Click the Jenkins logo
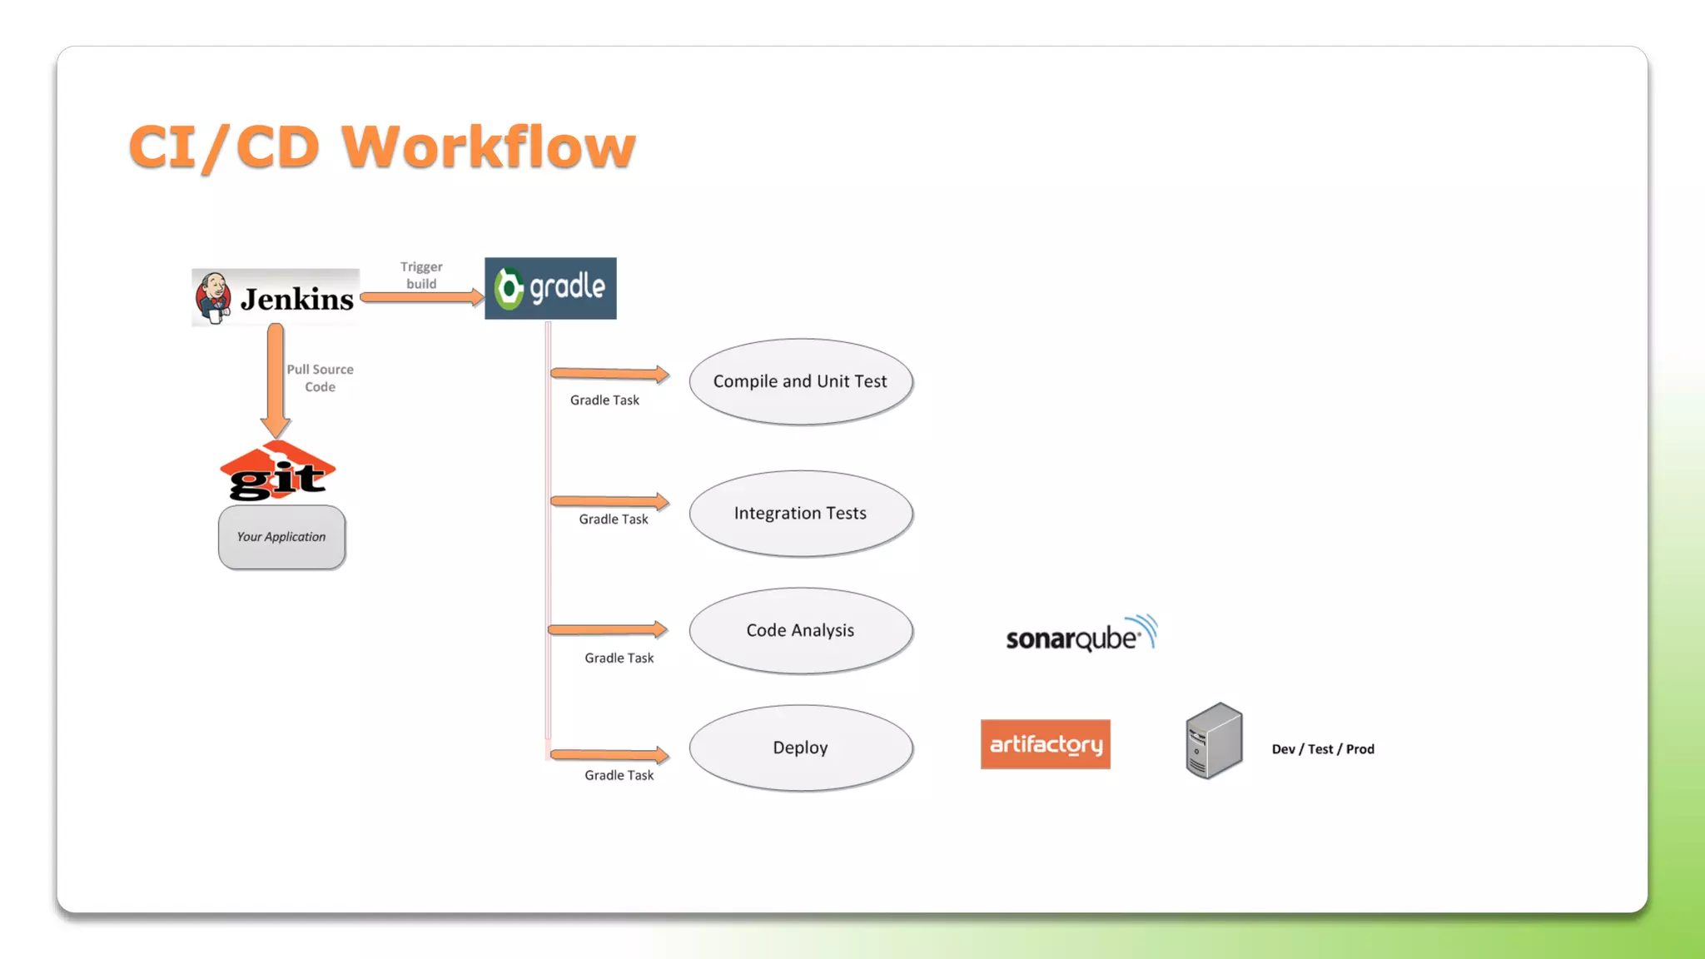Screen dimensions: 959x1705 [276, 298]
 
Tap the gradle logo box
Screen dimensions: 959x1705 [550, 288]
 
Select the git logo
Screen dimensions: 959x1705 [277, 472]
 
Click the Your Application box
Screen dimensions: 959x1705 [281, 537]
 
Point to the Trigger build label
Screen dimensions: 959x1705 [421, 275]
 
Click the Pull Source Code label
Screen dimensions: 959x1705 [320, 378]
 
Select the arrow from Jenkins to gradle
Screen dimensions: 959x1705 [421, 297]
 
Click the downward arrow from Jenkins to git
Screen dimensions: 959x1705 [276, 379]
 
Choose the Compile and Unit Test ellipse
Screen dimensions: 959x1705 [800, 381]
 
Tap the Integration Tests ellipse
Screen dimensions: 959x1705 [800, 514]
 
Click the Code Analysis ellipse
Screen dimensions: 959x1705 [800, 630]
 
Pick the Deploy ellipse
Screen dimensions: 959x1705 [800, 748]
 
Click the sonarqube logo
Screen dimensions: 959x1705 [1081, 635]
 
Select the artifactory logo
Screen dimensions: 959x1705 [1045, 744]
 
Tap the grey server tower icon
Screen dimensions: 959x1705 [1214, 741]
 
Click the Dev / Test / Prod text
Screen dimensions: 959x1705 [1323, 749]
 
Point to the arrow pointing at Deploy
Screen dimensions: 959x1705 [609, 755]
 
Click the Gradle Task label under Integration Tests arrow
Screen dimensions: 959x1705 [614, 519]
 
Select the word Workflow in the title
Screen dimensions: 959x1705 [489, 147]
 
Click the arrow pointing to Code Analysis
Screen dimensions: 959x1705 [608, 630]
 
